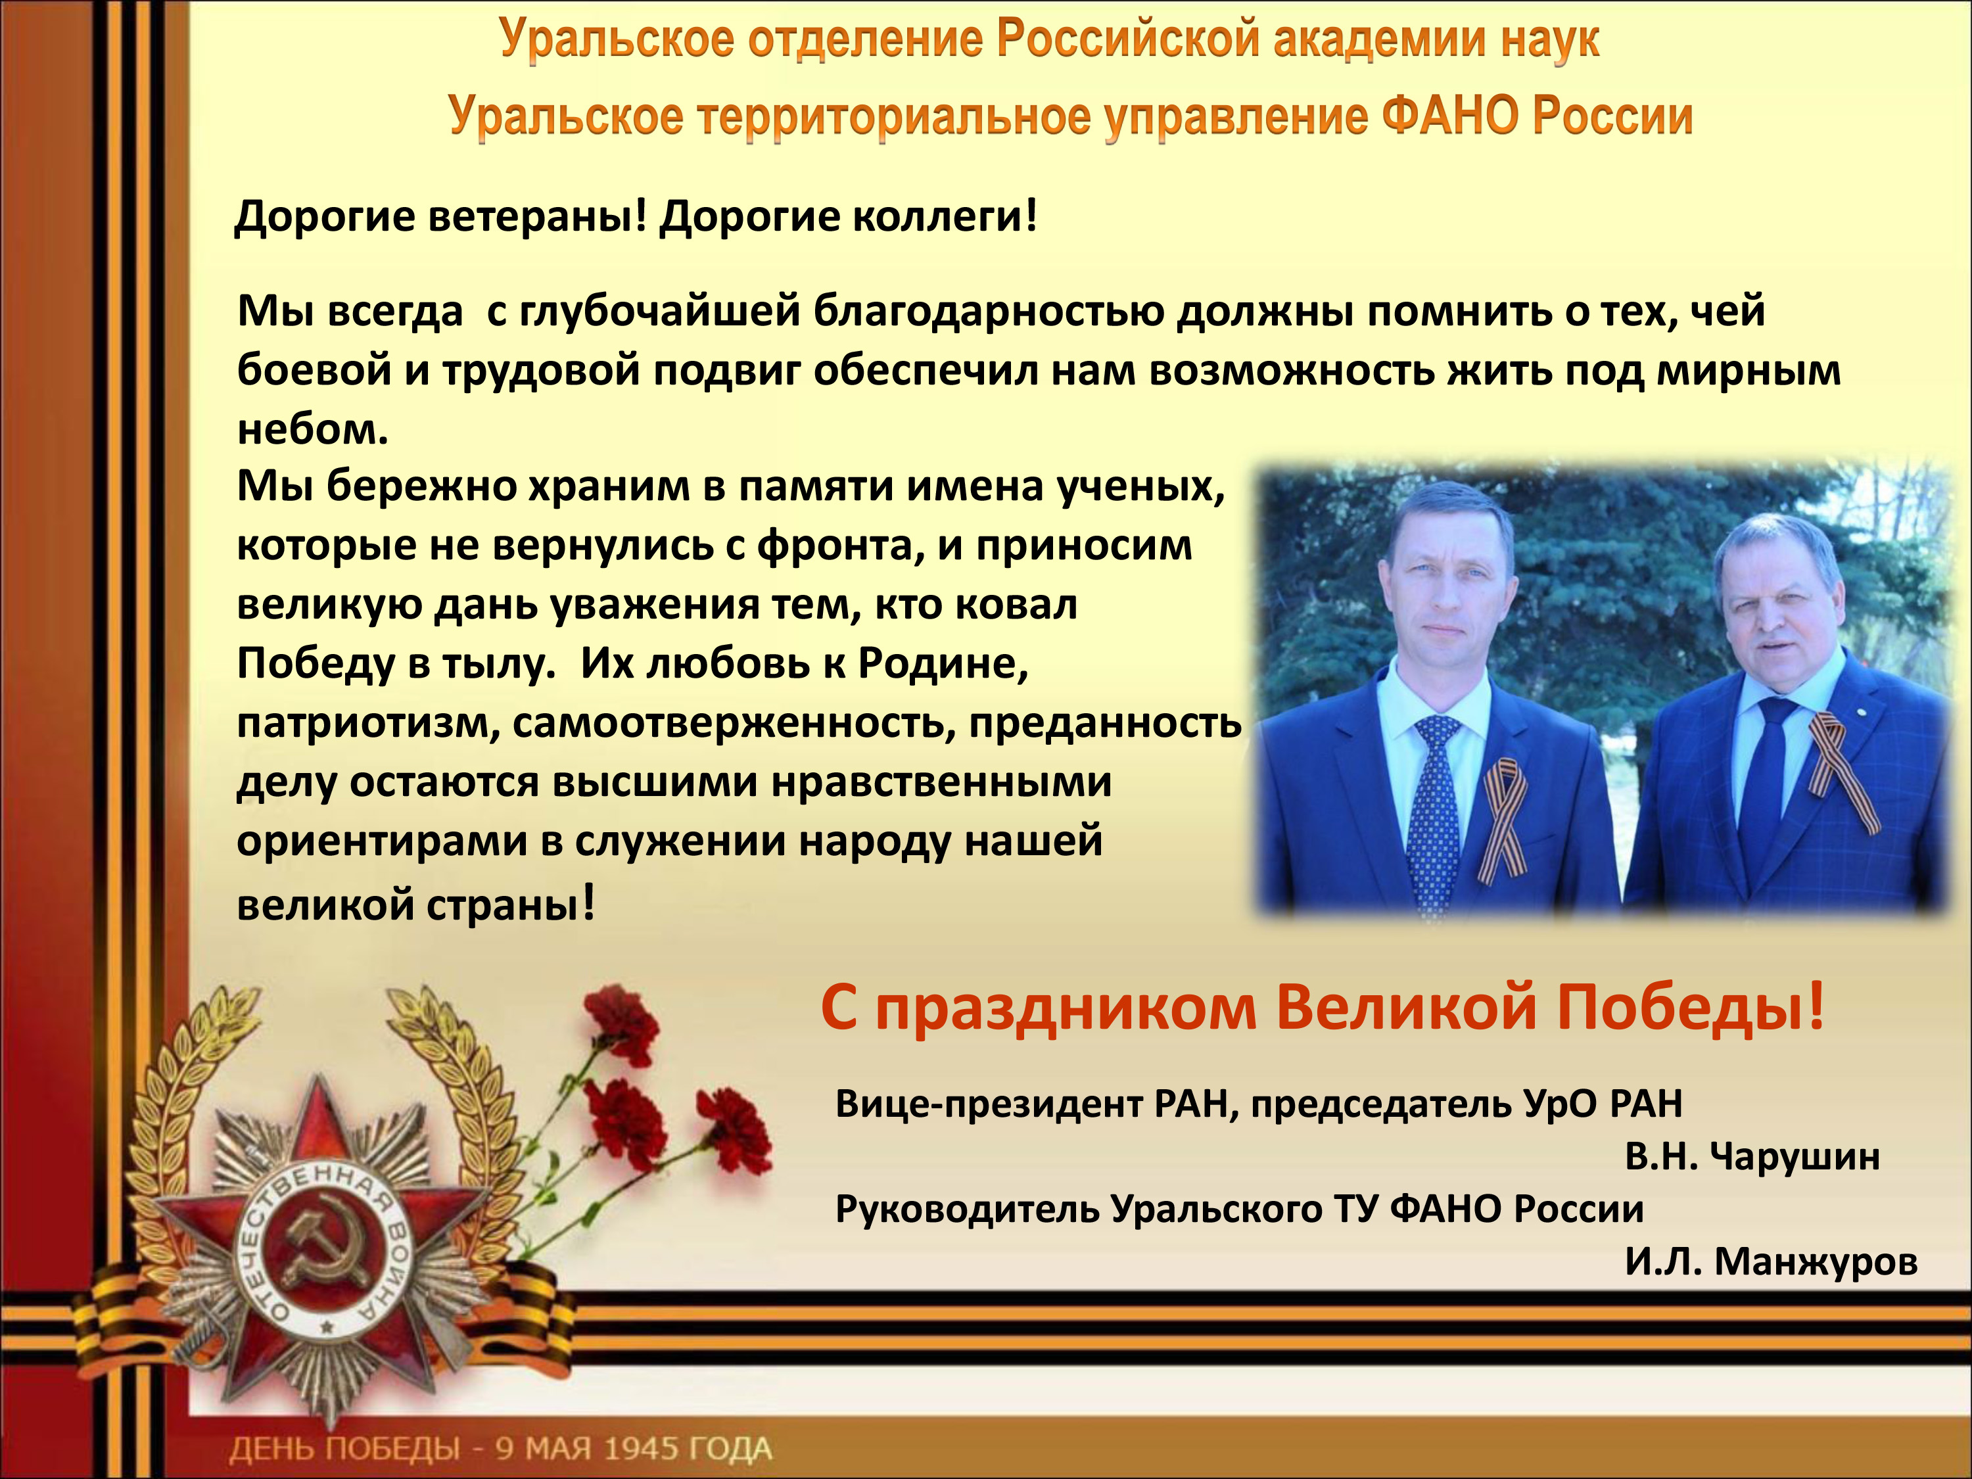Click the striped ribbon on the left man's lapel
pyautogui.click(x=1504, y=818)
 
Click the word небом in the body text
pyautogui.click(x=313, y=430)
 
